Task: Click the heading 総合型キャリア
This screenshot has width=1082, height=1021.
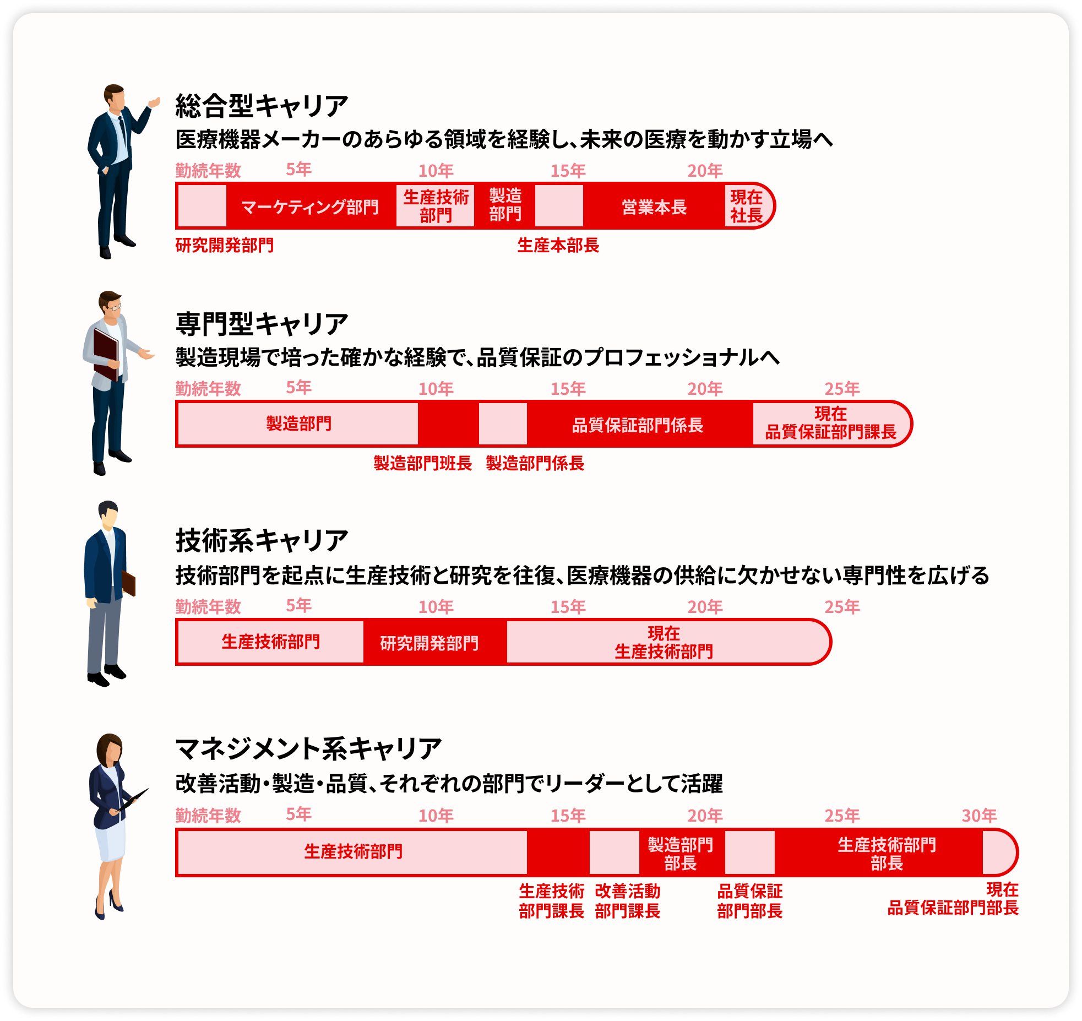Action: (262, 106)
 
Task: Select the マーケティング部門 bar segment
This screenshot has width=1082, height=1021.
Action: (311, 206)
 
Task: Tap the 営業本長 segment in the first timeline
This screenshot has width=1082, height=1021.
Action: (654, 206)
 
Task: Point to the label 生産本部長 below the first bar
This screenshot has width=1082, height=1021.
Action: (558, 245)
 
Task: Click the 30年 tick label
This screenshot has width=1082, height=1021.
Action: (979, 815)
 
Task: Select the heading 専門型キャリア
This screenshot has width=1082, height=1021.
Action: (262, 324)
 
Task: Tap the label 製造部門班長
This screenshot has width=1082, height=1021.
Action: (422, 463)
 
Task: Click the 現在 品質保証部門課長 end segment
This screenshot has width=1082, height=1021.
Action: (831, 424)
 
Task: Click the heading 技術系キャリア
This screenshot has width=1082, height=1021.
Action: (262, 541)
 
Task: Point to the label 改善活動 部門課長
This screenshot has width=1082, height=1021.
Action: (628, 901)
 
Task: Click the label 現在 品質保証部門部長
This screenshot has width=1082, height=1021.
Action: (953, 899)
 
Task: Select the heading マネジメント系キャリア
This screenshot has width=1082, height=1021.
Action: (308, 749)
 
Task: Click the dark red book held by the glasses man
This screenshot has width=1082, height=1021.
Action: (106, 354)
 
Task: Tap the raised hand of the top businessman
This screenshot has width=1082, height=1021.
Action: (155, 102)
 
